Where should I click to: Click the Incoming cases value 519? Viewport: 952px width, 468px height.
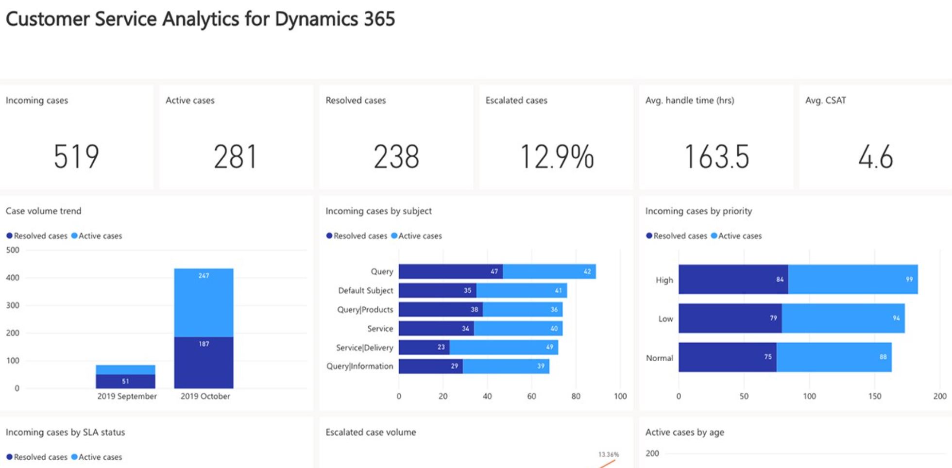tap(76, 157)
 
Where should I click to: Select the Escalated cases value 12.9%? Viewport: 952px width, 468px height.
tap(557, 157)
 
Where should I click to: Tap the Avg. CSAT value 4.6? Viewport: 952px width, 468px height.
tap(876, 157)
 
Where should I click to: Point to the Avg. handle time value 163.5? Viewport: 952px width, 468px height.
tap(716, 157)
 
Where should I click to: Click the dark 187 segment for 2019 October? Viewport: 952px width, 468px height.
tap(204, 362)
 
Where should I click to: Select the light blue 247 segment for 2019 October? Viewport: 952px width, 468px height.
tap(204, 302)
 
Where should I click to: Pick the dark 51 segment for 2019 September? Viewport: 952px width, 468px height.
tap(125, 381)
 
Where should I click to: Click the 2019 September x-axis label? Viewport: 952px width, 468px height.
tap(127, 396)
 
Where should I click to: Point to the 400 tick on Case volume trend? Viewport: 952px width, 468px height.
tap(13, 278)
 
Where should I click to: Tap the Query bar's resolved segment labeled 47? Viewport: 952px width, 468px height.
tap(450, 271)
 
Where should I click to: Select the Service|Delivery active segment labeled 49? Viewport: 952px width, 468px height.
tap(504, 347)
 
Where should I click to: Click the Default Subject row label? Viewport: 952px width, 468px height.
tap(365, 290)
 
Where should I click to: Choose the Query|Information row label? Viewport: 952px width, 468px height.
tap(359, 366)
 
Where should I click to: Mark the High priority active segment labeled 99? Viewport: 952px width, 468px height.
tap(853, 279)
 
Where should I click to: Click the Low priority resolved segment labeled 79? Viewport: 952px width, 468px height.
tap(730, 318)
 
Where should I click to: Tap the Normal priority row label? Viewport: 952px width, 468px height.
tap(659, 358)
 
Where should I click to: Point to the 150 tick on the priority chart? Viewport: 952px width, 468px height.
tap(874, 396)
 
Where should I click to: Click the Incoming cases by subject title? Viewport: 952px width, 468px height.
tap(378, 211)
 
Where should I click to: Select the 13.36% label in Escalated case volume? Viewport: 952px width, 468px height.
tap(608, 454)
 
